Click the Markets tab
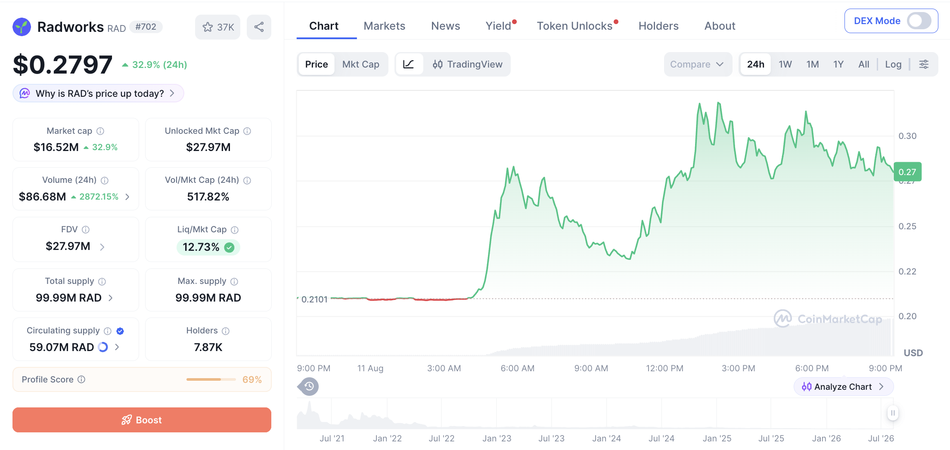[384, 26]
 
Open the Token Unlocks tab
[574, 26]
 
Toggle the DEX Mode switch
[919, 21]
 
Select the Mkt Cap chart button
[360, 64]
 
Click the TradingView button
[467, 64]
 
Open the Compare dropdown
[697, 64]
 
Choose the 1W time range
[785, 64]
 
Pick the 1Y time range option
[838, 64]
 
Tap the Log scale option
[893, 64]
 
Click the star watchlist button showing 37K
[218, 27]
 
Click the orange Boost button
[142, 420]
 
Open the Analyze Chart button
[843, 387]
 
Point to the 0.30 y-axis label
[907, 136]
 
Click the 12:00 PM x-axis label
[664, 368]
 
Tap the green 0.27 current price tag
[907, 172]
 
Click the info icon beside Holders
[226, 331]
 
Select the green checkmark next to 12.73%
[230, 247]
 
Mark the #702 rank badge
[146, 27]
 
